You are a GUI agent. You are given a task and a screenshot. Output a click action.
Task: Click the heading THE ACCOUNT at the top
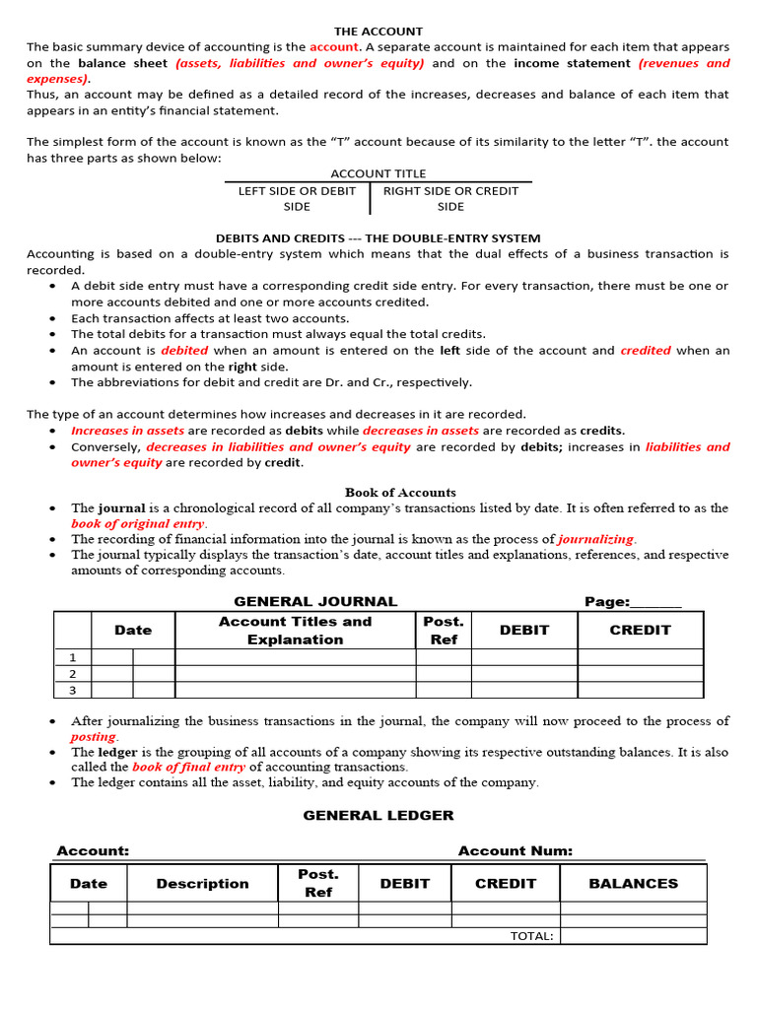pos(378,32)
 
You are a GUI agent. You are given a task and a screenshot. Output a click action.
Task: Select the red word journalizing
pos(596,539)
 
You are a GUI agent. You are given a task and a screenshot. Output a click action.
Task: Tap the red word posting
pos(94,736)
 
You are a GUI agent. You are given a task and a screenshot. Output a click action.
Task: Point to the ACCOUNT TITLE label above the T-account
pos(378,173)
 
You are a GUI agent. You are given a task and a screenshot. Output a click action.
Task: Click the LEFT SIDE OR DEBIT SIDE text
pos(297,198)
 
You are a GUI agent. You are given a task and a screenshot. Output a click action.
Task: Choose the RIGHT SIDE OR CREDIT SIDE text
pos(450,198)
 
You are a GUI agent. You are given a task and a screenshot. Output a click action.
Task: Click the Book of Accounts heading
pos(400,492)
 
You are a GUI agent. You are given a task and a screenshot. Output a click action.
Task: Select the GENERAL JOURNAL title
pos(315,601)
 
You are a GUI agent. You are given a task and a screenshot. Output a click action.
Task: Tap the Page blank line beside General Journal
pos(655,602)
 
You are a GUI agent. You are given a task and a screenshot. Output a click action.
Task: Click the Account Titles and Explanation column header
pos(295,630)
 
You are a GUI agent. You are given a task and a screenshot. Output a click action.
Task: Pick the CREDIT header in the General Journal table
pos(640,630)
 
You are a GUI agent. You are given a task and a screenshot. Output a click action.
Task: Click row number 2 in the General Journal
pos(72,673)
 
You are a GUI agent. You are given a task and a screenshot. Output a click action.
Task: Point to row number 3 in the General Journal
pos(72,690)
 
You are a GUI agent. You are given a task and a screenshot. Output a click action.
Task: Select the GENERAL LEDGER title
pos(378,815)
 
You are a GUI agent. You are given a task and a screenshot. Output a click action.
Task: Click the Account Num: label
pos(515,850)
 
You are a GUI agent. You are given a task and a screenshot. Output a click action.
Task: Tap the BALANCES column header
pos(633,883)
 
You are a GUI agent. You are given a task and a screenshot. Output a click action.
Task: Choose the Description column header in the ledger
pos(202,883)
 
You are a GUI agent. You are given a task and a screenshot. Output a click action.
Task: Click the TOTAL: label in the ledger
pos(531,935)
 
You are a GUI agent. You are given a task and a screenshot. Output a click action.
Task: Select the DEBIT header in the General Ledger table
pos(404,883)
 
